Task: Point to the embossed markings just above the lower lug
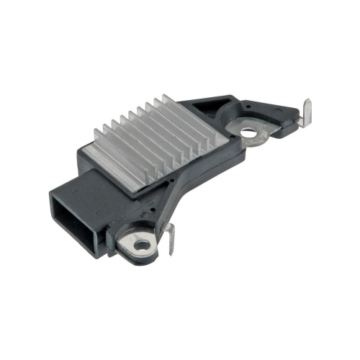pos(137,216)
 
